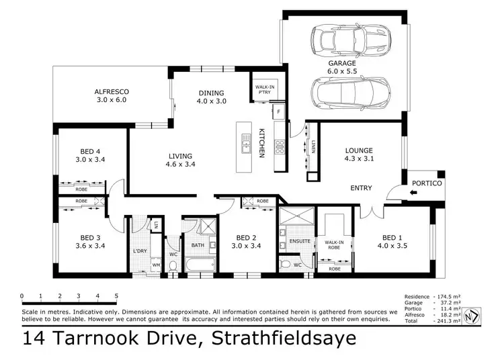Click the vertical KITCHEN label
click(262, 143)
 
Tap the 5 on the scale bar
click(116, 296)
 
